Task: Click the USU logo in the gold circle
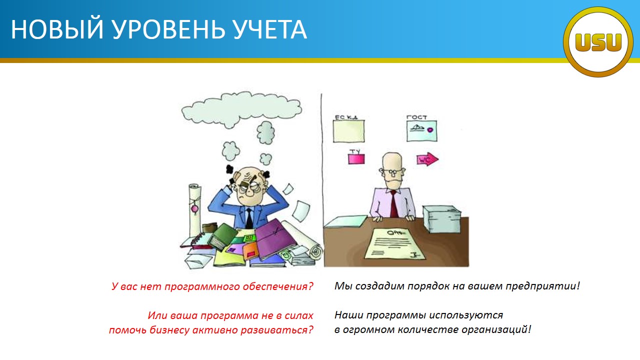(598, 42)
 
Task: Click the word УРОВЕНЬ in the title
(168, 29)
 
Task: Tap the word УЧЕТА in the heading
(270, 29)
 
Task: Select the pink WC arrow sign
(427, 159)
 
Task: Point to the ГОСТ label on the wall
(416, 117)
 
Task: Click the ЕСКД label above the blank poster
(346, 117)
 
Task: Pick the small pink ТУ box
(356, 159)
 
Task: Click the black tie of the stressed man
(249, 218)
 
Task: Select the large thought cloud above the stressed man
(241, 109)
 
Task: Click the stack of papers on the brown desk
(441, 219)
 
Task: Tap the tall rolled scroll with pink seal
(195, 210)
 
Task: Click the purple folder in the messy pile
(275, 239)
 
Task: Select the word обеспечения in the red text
(278, 286)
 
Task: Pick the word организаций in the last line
(496, 329)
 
